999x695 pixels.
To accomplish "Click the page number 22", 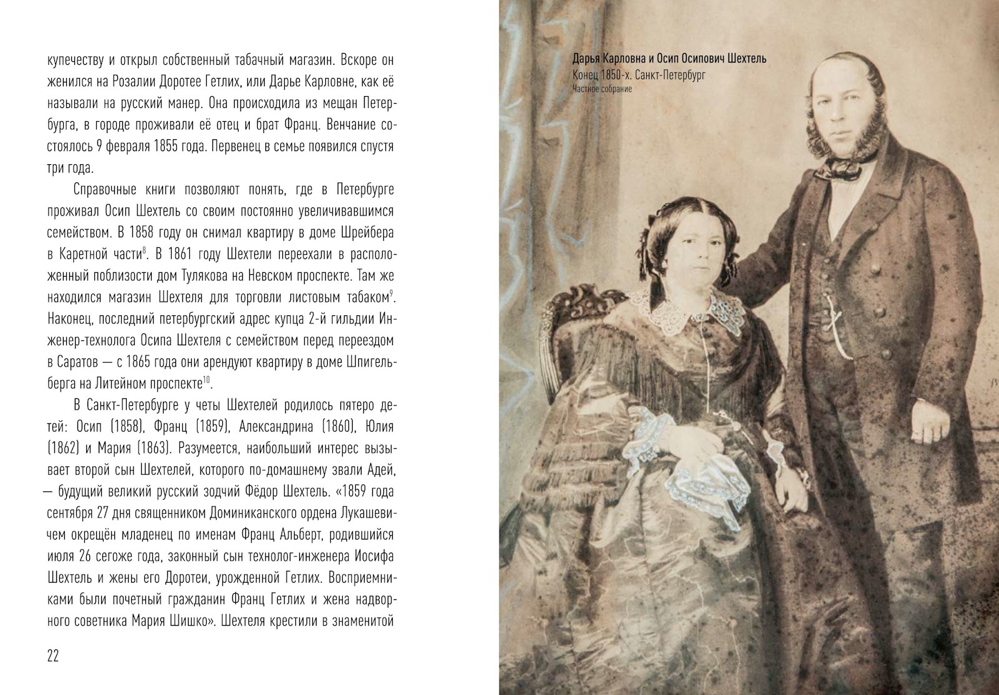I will pos(52,656).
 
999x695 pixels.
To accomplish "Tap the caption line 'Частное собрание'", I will pos(603,89).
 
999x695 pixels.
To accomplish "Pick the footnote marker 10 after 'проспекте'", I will pos(206,379).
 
